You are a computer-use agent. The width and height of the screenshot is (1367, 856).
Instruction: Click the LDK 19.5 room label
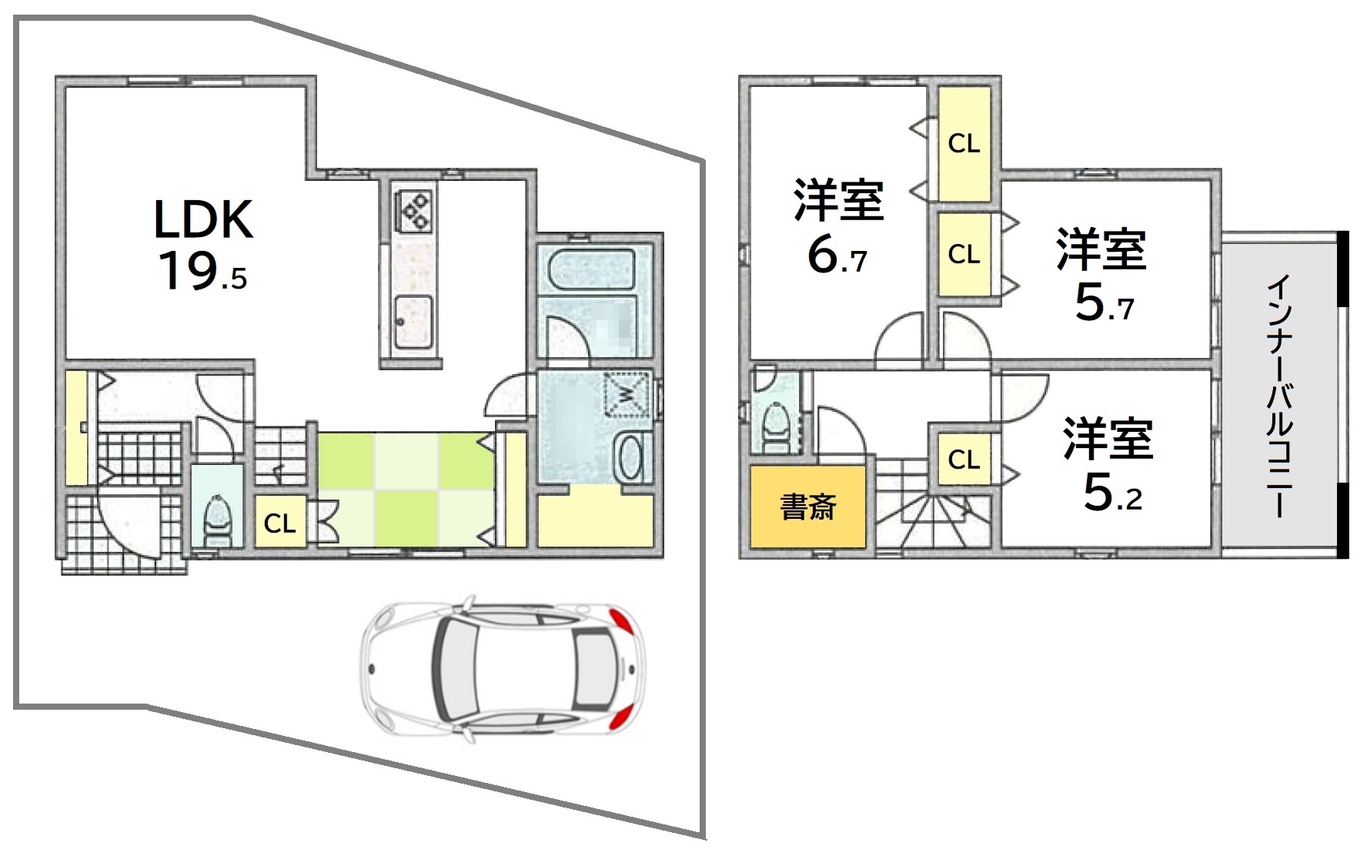[x=203, y=245]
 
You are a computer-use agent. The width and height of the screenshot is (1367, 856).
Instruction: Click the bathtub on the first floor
[x=592, y=270]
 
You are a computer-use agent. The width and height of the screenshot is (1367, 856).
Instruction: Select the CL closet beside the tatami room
[x=279, y=523]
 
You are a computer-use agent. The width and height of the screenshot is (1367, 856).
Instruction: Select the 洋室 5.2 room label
[x=1109, y=464]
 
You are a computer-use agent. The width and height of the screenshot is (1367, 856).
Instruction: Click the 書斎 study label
[x=808, y=507]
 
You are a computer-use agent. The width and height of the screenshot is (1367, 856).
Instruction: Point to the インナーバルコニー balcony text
[x=1279, y=396]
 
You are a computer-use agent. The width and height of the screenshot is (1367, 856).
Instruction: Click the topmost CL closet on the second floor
[x=964, y=143]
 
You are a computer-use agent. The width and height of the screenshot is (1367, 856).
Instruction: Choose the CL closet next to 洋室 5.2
[x=964, y=460]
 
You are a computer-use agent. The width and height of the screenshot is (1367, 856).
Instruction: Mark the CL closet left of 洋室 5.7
[x=964, y=254]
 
